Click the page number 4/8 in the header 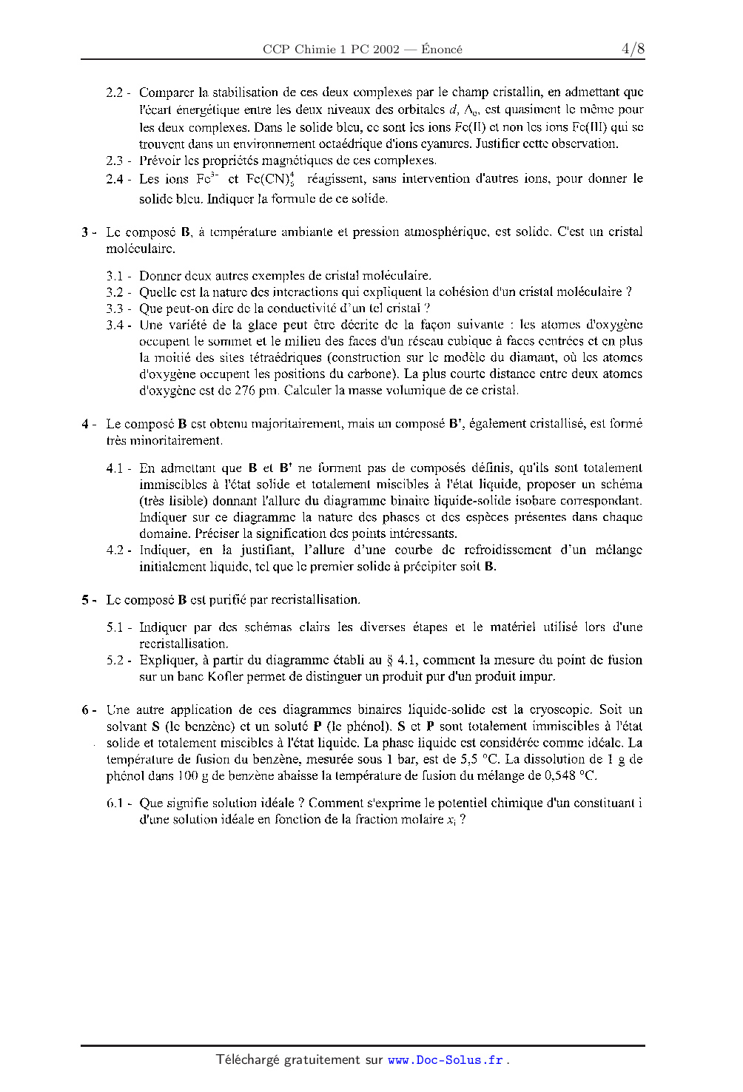pos(633,49)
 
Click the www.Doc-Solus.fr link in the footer pos(446,1059)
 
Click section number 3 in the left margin pos(85,232)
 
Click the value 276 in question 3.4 pos(244,390)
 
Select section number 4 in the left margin pos(85,424)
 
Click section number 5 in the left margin pos(85,600)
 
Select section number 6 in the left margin pos(85,710)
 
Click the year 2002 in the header pos(386,50)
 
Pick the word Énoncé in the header pos(442,50)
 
